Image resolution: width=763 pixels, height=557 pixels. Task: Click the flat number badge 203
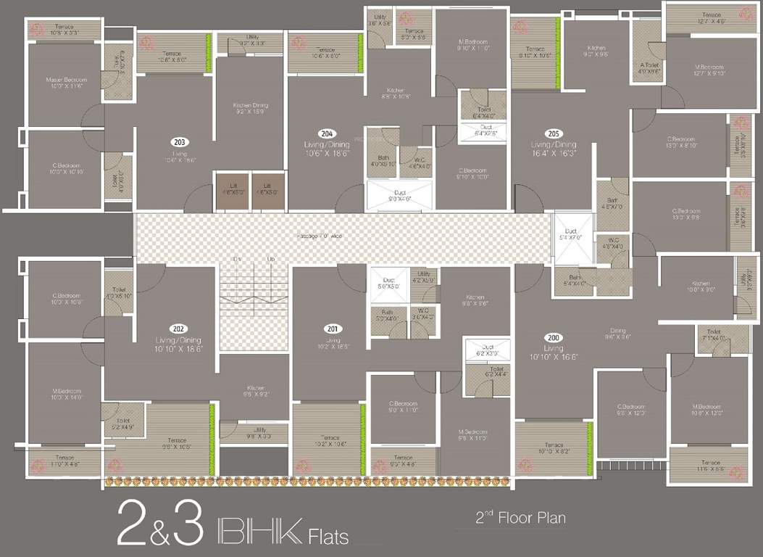[180, 142]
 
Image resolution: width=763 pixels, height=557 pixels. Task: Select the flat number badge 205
[554, 133]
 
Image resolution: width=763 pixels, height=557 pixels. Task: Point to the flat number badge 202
[178, 328]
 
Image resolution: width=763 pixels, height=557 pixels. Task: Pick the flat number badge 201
[333, 328]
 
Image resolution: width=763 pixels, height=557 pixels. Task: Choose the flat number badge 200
[554, 338]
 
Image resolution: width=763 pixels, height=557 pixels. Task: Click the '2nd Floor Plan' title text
[520, 518]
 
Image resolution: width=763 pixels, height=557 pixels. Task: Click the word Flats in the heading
[328, 537]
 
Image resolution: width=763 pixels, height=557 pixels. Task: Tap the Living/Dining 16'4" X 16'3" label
[554, 149]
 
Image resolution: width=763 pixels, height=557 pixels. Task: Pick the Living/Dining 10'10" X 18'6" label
[178, 344]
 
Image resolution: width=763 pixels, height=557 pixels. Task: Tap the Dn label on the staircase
[237, 259]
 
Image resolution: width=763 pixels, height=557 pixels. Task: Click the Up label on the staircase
[271, 259]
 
